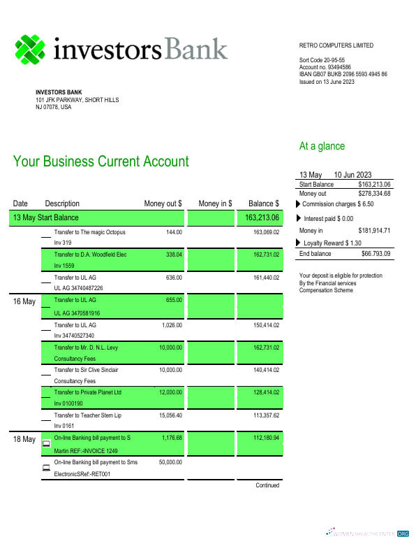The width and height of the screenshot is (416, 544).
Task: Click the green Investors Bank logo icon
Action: click(x=30, y=49)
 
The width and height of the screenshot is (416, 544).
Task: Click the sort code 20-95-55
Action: click(x=322, y=60)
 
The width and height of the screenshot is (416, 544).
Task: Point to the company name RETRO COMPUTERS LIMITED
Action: click(x=336, y=45)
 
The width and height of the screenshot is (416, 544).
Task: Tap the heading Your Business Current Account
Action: click(x=101, y=162)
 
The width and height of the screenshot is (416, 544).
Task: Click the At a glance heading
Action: click(x=322, y=146)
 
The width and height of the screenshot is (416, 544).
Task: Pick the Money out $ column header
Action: click(x=163, y=203)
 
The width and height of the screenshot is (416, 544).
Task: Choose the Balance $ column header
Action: click(x=264, y=203)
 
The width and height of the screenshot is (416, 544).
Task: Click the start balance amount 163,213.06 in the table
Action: click(x=262, y=217)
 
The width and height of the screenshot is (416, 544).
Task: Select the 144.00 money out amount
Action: click(x=174, y=232)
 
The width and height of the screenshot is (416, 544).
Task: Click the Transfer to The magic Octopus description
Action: click(x=90, y=232)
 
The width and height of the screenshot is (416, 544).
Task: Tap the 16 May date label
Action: click(x=24, y=302)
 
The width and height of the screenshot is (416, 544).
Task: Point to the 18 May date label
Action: click(x=24, y=439)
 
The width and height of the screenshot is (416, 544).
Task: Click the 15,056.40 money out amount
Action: click(x=169, y=415)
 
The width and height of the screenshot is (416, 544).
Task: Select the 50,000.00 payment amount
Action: click(x=169, y=462)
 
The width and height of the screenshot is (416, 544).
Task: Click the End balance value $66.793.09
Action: click(x=376, y=253)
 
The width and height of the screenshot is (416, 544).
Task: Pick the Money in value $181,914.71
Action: click(x=374, y=230)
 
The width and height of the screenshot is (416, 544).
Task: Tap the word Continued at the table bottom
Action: click(x=267, y=485)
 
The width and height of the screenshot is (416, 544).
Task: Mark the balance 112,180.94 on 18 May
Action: click(x=266, y=438)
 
